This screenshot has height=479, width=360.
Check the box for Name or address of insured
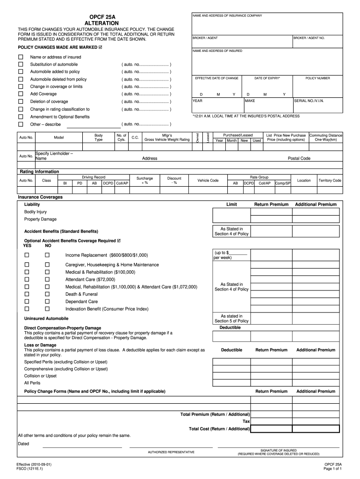[21, 57]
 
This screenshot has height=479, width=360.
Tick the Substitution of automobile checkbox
[21, 64]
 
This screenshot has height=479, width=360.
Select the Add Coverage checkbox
[21, 94]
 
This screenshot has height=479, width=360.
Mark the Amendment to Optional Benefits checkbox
[21, 116]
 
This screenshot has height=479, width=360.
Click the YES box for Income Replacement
[27, 255]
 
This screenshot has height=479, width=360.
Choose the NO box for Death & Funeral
[47, 294]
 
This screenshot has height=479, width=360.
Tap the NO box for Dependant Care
[47, 302]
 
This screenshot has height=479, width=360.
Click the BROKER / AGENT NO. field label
[309, 38]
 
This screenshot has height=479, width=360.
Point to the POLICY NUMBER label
[318, 78]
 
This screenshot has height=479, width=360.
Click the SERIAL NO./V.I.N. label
[309, 101]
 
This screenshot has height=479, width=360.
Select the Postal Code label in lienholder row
[299, 159]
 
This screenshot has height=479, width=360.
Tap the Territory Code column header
[330, 181]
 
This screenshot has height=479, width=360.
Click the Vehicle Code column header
[208, 181]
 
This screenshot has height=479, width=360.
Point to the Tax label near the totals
[246, 421]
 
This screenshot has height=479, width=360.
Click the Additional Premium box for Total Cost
[316, 429]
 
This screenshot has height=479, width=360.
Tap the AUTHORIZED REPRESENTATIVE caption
[171, 452]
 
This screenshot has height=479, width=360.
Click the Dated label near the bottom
[23, 443]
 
